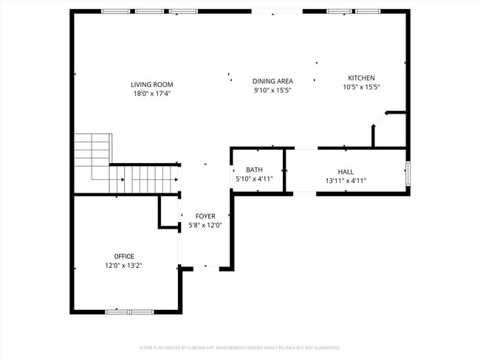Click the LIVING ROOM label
pos(152,85)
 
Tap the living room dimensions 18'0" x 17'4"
pos(152,94)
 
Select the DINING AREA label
pos(272,81)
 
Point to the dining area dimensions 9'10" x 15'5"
pos(272,90)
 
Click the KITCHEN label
pos(361,78)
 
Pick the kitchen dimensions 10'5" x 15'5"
pos(361,87)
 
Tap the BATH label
pos(254,170)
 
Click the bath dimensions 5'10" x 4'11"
pos(254,179)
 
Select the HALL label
pos(346,171)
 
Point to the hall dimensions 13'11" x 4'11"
pos(346,180)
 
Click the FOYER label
pos(205,216)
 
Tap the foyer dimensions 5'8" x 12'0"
pos(205,225)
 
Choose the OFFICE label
pos(124,256)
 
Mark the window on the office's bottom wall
pos(129,312)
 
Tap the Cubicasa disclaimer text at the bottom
pos(240,347)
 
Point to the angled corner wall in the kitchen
pos(378,120)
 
